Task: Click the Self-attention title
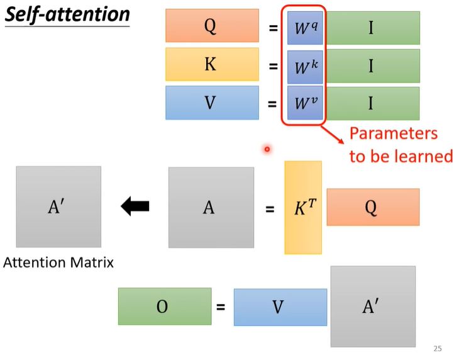coord(67,14)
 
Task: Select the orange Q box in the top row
coord(213,25)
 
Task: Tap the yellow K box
coord(213,64)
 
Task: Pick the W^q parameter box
coord(305,28)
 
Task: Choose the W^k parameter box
coord(305,67)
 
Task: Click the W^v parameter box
coord(305,103)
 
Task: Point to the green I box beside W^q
coord(373,28)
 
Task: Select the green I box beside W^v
coord(373,103)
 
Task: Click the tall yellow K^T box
coord(303,208)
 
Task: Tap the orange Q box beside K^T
coord(373,207)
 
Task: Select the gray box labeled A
coord(211,208)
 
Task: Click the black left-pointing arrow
coord(135,206)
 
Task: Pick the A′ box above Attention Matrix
coord(58,207)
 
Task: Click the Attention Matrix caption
coord(58,262)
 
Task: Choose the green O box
coord(165,307)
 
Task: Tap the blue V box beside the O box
coord(280,307)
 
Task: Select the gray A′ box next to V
coord(373,307)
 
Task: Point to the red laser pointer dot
coord(267,149)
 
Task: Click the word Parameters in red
coord(394,133)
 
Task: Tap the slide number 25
coord(438,349)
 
